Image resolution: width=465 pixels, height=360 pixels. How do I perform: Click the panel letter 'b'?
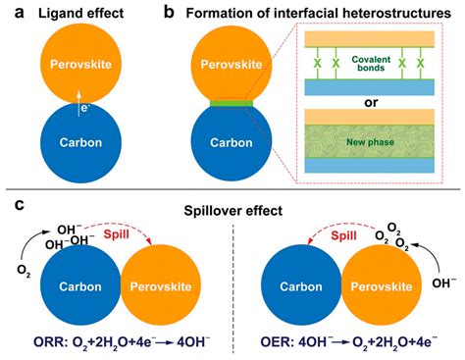pos(169,12)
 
